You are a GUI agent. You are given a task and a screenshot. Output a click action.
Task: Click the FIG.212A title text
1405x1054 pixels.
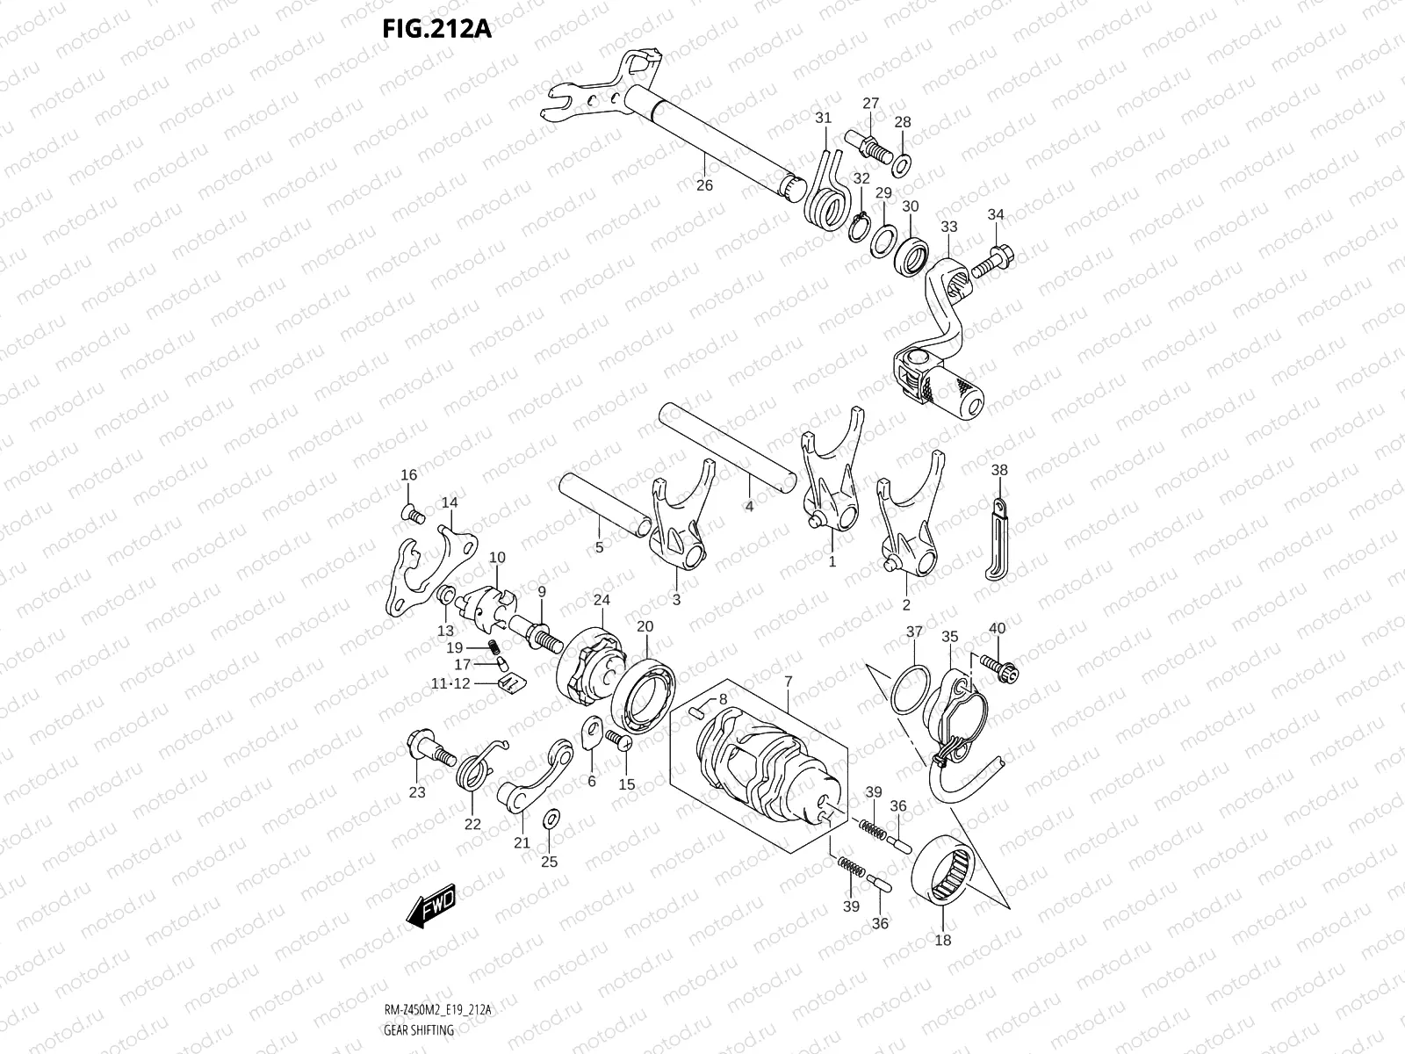coord(436,29)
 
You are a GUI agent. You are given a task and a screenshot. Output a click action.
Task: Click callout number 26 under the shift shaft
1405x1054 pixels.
coord(704,185)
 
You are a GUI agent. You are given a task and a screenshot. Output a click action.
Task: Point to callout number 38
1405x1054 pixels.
coord(999,470)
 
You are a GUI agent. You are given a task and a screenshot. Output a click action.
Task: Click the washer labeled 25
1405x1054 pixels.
coord(550,819)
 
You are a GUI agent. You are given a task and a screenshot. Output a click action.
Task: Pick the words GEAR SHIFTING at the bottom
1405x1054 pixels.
coord(419,1030)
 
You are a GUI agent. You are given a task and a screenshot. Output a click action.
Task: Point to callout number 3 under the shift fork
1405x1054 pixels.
coord(676,600)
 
